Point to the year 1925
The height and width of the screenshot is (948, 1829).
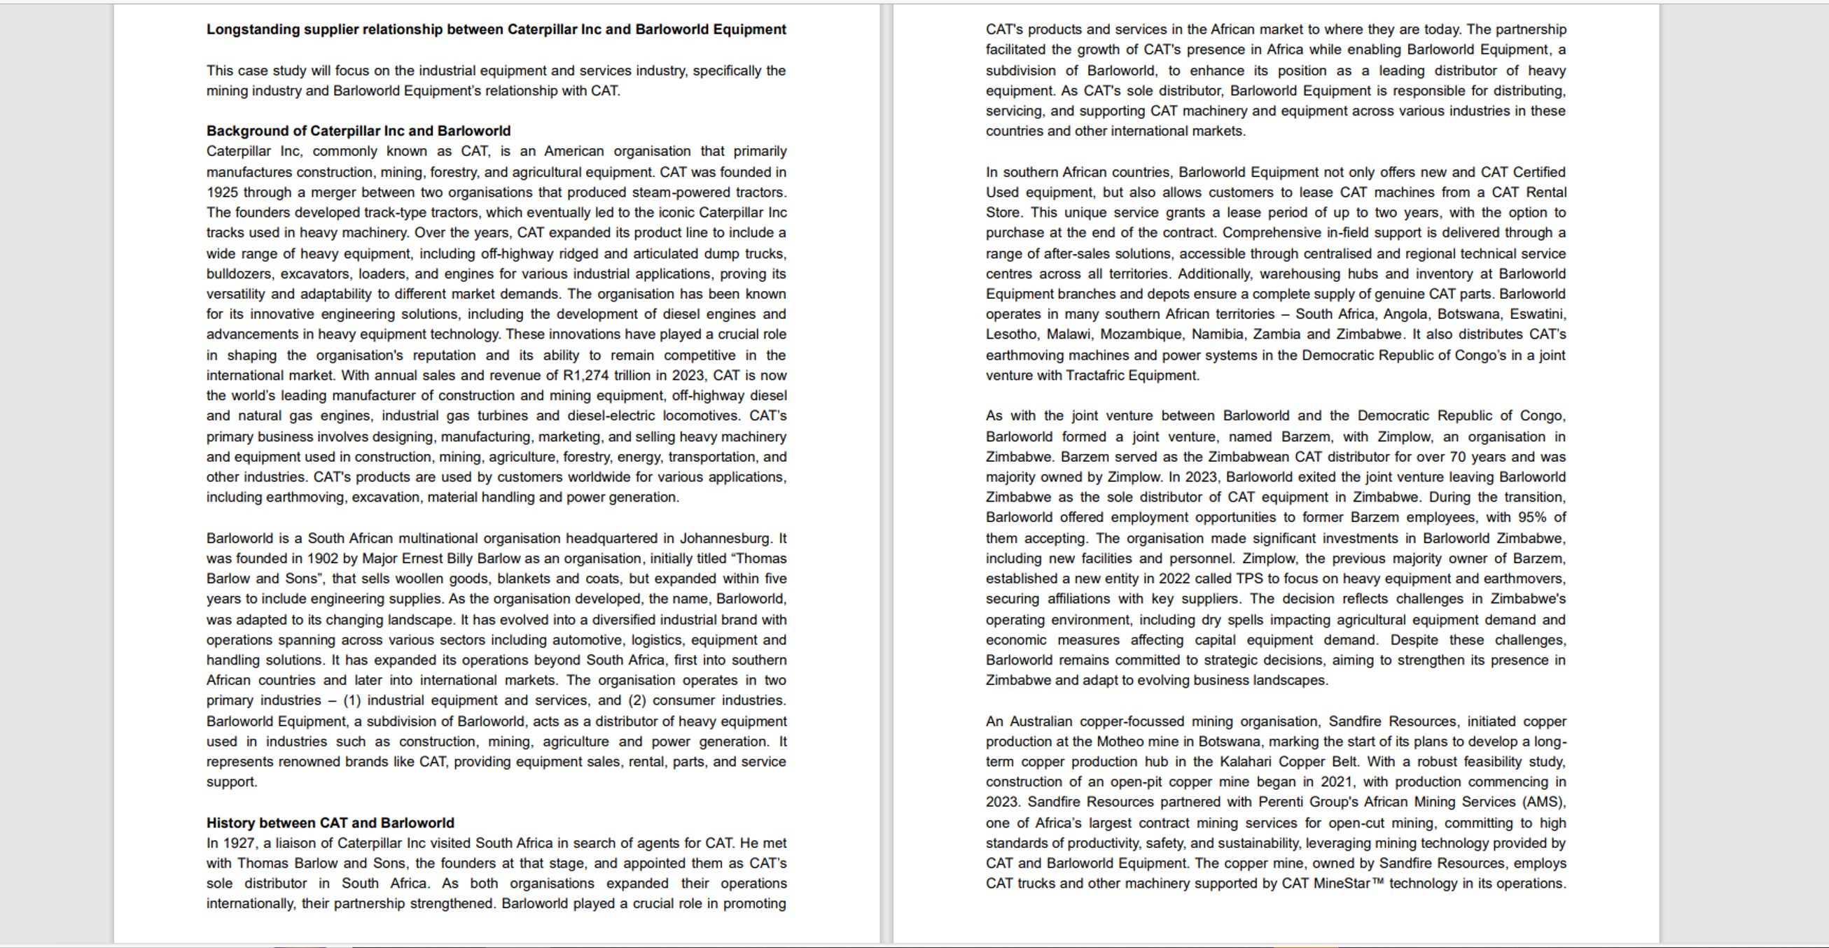(x=222, y=192)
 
